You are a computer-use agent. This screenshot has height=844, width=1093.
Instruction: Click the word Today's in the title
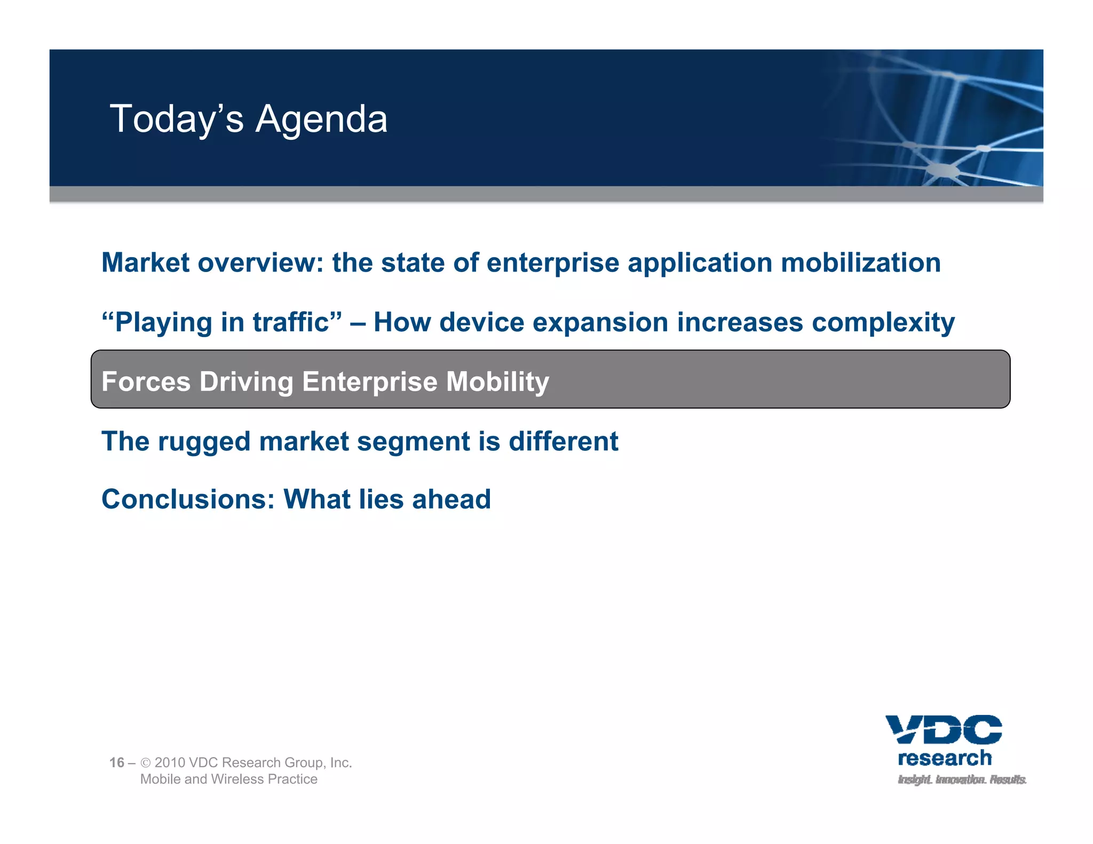pos(177,119)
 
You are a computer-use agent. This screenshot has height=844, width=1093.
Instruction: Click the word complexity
pos(883,323)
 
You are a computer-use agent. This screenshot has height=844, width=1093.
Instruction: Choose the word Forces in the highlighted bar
pos(146,382)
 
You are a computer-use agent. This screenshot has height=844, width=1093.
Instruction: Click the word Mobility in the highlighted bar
pos(497,382)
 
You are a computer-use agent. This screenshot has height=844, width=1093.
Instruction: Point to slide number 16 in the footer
pos(116,763)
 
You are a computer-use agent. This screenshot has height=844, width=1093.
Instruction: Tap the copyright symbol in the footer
pos(145,763)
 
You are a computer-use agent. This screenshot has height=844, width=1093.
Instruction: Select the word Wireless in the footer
pos(237,779)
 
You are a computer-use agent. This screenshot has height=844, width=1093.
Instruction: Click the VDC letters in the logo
pos(944,729)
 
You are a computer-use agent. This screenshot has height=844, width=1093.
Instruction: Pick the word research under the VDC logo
pos(945,758)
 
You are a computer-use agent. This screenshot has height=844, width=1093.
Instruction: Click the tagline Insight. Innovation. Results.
pos(962,780)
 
